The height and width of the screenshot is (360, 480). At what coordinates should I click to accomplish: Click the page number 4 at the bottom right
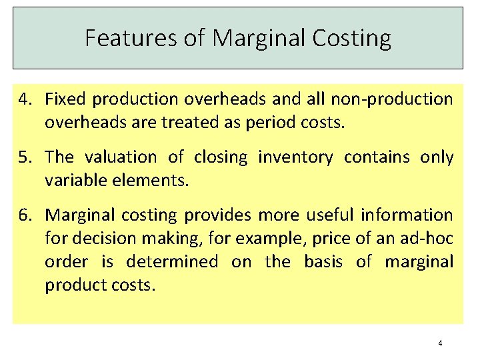(440, 343)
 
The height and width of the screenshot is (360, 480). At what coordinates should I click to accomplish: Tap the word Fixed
(65, 100)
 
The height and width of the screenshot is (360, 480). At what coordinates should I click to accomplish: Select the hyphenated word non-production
(393, 100)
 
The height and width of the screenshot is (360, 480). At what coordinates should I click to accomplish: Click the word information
(407, 215)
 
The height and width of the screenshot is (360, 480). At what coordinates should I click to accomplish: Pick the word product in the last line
(73, 285)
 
